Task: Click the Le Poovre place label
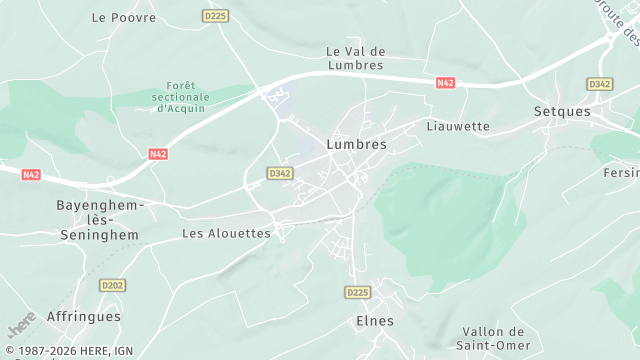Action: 124,17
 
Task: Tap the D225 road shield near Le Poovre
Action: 214,16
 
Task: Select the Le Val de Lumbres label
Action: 355,58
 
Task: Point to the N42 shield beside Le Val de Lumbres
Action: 446,83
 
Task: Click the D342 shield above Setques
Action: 600,84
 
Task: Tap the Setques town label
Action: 563,111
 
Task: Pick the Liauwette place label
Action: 458,126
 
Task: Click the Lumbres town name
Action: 356,143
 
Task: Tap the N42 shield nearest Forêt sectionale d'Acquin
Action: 158,154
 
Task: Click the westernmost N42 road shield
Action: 31,174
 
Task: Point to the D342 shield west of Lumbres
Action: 280,173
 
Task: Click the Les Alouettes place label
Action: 226,233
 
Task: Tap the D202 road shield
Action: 112,285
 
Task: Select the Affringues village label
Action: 84,316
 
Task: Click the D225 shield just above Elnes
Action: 357,292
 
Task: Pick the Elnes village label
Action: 375,321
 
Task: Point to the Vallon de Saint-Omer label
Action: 494,338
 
